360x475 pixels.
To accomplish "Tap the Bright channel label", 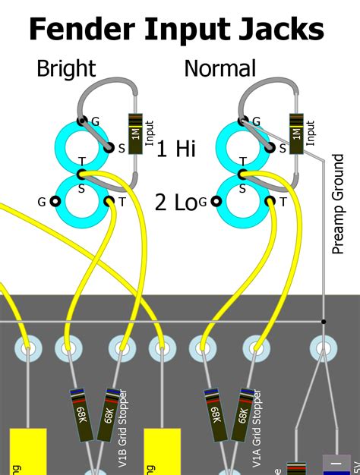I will (x=66, y=69).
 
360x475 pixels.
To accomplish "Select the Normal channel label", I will (x=220, y=69).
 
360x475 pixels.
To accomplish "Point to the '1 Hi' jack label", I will (x=176, y=148).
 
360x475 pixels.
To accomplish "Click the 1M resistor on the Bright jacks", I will (x=135, y=133).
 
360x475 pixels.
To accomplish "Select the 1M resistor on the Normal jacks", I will (x=297, y=133).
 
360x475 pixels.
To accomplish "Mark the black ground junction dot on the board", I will (x=323, y=322).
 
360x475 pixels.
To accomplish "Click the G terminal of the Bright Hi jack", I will (x=81, y=121).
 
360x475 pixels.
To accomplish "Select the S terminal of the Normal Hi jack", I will (x=271, y=148).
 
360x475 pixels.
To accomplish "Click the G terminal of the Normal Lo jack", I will (x=216, y=201).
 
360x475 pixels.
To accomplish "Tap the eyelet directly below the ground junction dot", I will (x=323, y=348).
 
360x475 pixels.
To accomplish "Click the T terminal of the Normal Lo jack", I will (x=270, y=201).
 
